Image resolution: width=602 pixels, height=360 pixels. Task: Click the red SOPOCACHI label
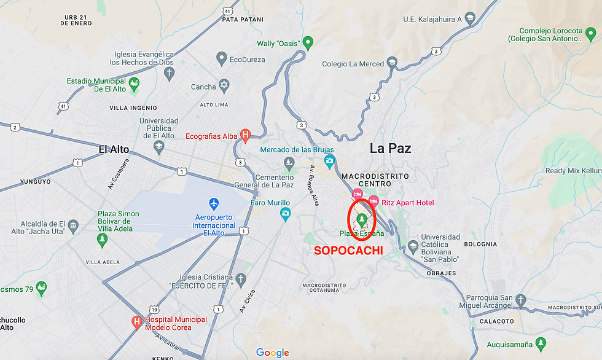(x=348, y=251)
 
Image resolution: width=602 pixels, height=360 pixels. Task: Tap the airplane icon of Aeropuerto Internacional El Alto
(x=214, y=202)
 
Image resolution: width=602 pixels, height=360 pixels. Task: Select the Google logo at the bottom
(x=272, y=353)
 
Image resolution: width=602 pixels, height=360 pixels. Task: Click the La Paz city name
(x=390, y=148)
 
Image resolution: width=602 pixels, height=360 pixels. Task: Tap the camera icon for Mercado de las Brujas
(x=329, y=162)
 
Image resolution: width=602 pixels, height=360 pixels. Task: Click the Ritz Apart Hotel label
(x=407, y=203)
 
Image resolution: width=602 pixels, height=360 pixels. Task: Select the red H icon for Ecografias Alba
(x=245, y=135)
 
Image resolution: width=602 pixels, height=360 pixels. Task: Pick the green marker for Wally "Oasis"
(x=309, y=43)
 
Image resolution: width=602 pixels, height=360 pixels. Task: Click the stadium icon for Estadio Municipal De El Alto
(x=134, y=83)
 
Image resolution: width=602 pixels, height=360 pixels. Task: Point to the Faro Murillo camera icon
(x=285, y=214)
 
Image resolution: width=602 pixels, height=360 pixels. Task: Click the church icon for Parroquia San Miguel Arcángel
(x=521, y=300)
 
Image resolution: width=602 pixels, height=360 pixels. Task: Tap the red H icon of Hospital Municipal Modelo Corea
(x=138, y=322)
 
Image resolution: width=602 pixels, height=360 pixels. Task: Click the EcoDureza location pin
(x=222, y=59)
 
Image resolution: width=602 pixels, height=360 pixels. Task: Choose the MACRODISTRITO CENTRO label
(x=374, y=179)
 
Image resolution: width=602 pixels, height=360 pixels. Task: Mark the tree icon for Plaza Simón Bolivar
(x=103, y=240)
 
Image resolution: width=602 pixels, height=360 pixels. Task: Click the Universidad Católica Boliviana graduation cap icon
(x=413, y=246)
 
